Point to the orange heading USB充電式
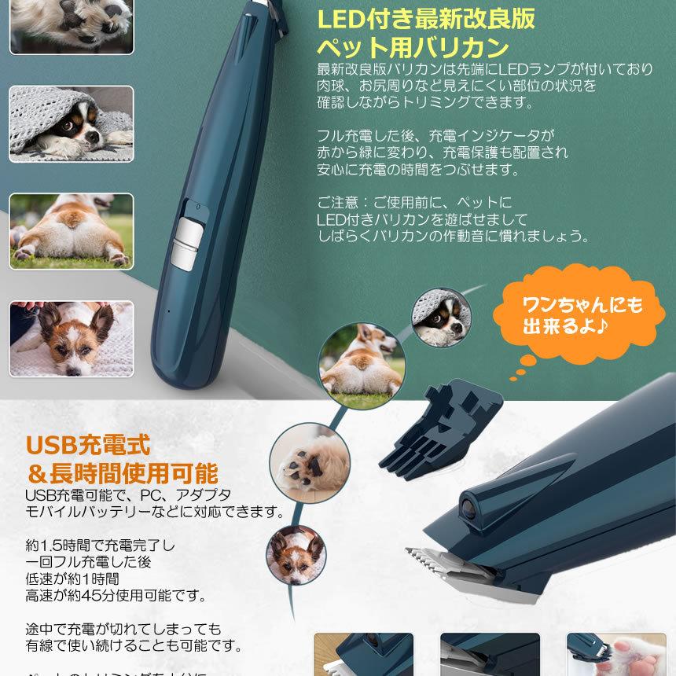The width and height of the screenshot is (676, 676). coord(86,445)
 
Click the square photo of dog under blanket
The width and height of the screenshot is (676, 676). coord(72,124)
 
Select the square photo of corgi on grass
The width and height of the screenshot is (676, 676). coord(72,231)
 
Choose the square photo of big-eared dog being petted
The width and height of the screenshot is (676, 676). coord(72,338)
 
